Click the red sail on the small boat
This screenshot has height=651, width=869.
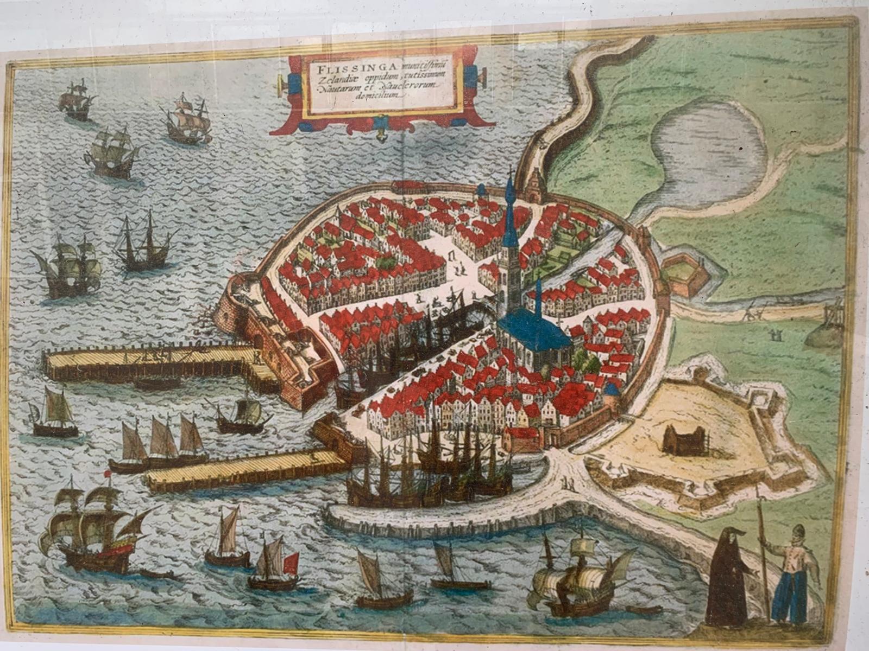click(291, 563)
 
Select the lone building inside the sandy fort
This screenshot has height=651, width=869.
click(684, 439)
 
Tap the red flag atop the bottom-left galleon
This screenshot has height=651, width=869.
click(108, 474)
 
